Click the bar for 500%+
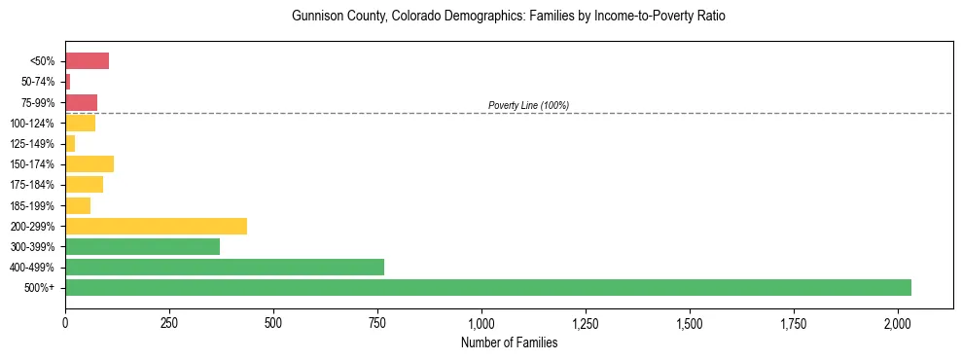487,287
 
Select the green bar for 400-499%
225,267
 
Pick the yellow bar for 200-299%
156,226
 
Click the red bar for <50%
87,61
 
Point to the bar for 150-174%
89,163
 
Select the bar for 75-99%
81,102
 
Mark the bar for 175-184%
84,184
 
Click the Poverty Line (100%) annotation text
528,105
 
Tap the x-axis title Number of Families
509,342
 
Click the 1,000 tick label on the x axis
481,323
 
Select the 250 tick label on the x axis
169,323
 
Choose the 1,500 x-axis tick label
690,323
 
